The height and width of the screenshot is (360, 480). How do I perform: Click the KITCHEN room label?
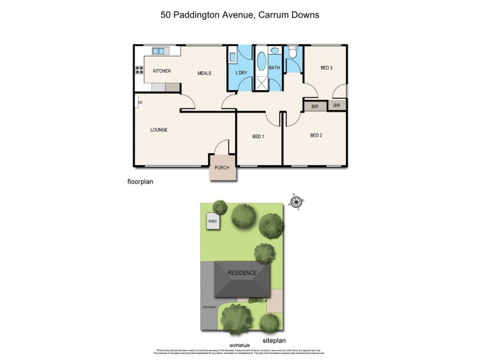(161, 71)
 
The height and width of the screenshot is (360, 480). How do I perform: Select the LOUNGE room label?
(158, 130)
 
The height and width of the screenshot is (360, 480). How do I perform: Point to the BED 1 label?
(258, 137)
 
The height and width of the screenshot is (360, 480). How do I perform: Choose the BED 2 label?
(316, 136)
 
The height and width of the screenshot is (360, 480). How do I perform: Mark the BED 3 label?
(326, 68)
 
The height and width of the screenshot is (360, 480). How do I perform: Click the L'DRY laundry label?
(241, 73)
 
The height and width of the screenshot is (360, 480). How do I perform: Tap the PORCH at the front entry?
(221, 167)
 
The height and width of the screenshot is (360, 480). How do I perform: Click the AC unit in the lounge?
(140, 103)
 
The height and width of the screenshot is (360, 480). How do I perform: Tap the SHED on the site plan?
(212, 221)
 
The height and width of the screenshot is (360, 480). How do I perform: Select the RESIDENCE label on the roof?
(242, 273)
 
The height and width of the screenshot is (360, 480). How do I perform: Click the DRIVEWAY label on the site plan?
(211, 308)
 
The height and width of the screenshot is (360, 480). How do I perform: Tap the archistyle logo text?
(242, 345)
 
